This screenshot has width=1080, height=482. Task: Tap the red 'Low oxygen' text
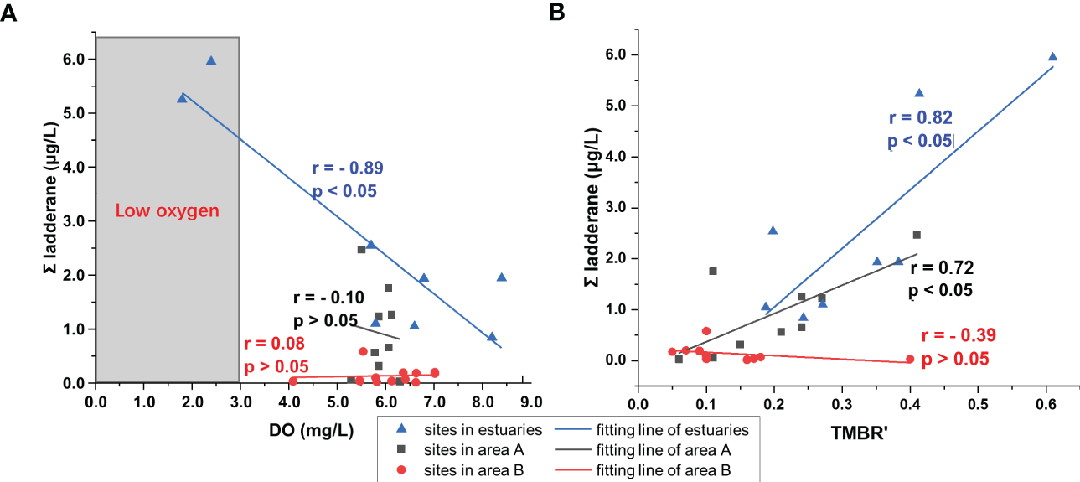coord(167,211)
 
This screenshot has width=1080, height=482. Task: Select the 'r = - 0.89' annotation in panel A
coord(347,168)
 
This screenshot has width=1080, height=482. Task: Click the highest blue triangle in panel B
coord(1052,57)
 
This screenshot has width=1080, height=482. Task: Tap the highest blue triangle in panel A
coord(211,60)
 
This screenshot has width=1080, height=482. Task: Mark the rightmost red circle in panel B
coord(910,359)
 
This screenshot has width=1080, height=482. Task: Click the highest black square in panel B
coord(917,235)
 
